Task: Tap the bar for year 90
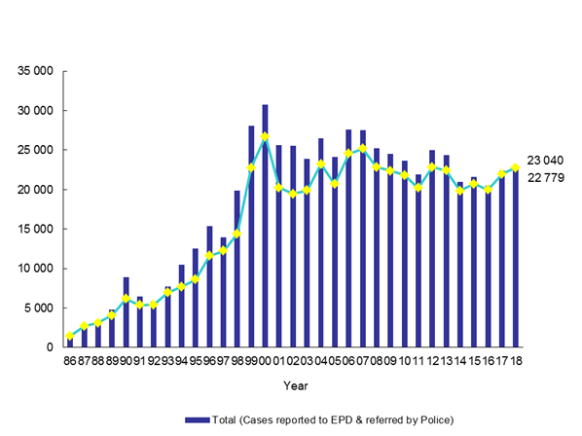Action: click(x=126, y=312)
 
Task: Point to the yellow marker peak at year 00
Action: click(x=265, y=136)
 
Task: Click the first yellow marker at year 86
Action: click(x=69, y=337)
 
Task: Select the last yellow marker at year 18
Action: click(x=515, y=167)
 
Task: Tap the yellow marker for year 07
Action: click(x=362, y=149)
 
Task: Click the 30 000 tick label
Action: click(x=34, y=111)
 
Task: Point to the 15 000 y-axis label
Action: click(x=34, y=230)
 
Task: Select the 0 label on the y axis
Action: click(x=50, y=347)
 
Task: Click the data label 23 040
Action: click(x=545, y=160)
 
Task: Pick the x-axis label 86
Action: click(x=69, y=362)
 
